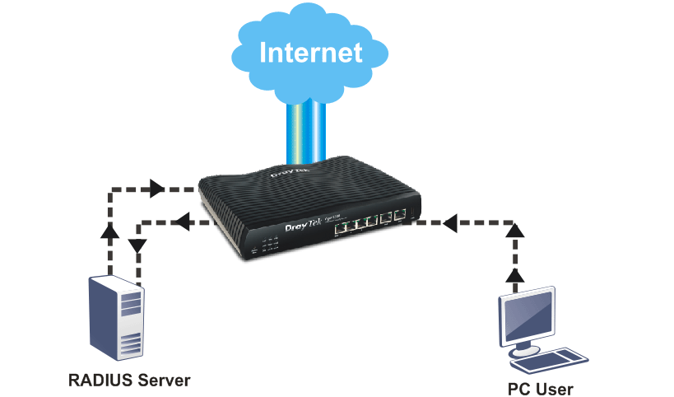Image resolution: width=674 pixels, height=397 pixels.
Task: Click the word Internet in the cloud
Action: (310, 52)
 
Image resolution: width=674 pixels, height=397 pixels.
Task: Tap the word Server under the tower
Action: (161, 381)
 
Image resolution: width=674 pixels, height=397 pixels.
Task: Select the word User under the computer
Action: (555, 388)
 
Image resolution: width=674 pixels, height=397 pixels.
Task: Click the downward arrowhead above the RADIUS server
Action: (137, 245)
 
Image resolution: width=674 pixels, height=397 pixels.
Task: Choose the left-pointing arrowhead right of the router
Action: (449, 222)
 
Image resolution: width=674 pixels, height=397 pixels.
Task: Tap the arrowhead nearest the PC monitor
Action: (514, 275)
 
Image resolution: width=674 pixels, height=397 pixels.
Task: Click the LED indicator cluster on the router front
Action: (269, 245)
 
